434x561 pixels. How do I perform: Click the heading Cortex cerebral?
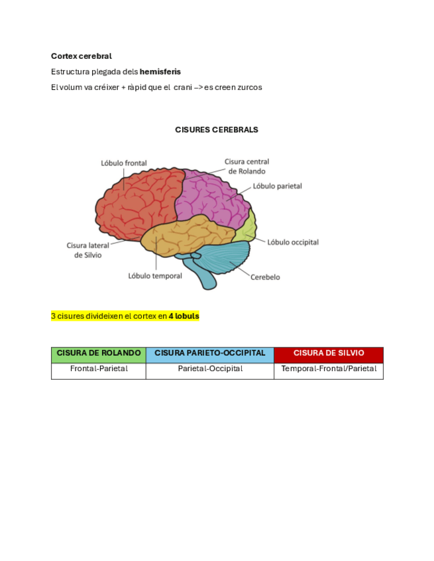[x=81, y=56]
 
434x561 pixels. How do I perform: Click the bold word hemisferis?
[x=160, y=71]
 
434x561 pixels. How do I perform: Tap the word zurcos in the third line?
[x=249, y=87]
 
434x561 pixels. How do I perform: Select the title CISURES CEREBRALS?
[x=217, y=130]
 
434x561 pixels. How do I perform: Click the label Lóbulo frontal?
[x=124, y=163]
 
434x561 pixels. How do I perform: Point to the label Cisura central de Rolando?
[x=246, y=166]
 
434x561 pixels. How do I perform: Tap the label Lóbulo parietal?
[x=277, y=186]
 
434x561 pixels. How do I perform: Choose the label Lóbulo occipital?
[x=293, y=242]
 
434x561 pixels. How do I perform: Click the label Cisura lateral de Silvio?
[x=87, y=250]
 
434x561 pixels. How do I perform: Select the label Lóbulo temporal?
[x=155, y=276]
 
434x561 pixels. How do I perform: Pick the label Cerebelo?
[x=265, y=277]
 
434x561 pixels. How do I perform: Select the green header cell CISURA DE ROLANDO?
[x=98, y=354]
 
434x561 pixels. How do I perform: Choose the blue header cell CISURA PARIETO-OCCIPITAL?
[x=209, y=354]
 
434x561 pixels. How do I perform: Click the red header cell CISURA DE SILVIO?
[x=328, y=354]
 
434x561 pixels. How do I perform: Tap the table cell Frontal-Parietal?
[x=98, y=369]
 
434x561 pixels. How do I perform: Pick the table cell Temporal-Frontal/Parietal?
[x=328, y=369]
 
